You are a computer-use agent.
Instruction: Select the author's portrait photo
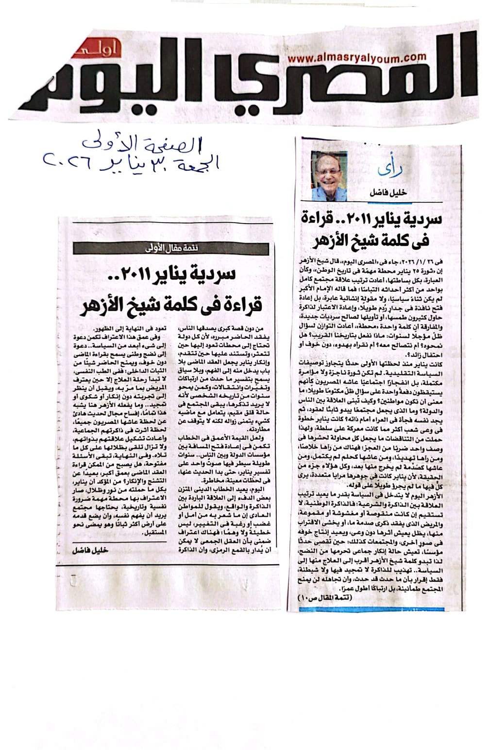(329, 176)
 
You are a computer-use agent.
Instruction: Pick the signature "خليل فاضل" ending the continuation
(90, 551)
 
